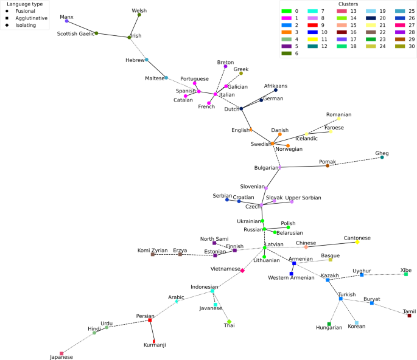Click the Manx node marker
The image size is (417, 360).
pyautogui.click(x=67, y=21)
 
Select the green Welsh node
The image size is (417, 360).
pyautogui.click(x=139, y=15)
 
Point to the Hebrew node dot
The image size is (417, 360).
pyautogui.click(x=147, y=60)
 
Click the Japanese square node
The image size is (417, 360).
pyautogui.click(x=61, y=353)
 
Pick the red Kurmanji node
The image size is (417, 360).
pyautogui.click(x=154, y=341)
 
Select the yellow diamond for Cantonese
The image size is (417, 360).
pyautogui.click(x=357, y=242)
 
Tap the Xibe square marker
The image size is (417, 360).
pyautogui.click(x=406, y=274)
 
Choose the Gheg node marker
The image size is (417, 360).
pyautogui.click(x=382, y=157)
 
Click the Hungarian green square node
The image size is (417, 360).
pyautogui.click(x=329, y=324)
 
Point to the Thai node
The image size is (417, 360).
pyautogui.click(x=229, y=322)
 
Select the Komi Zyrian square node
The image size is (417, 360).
pyautogui.click(x=153, y=254)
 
